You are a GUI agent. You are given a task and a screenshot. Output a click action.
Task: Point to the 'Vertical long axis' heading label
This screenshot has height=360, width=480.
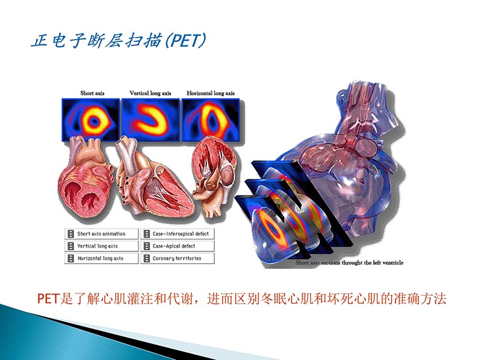tap(150, 93)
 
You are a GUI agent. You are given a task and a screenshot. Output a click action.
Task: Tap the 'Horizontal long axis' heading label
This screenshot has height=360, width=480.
tap(211, 93)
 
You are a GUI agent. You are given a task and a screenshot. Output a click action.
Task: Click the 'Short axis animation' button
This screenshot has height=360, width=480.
tap(100, 234)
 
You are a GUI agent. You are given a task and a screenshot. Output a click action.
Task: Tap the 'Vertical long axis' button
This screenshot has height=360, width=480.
tap(100, 246)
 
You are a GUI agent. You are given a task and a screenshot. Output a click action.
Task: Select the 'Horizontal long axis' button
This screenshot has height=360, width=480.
tap(100, 258)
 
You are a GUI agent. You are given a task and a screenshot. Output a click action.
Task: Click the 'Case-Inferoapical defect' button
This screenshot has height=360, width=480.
tap(178, 234)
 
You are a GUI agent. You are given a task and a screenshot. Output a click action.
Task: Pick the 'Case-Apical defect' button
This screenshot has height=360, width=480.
tap(178, 246)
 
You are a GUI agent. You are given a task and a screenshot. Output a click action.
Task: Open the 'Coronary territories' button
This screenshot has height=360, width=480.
tap(178, 258)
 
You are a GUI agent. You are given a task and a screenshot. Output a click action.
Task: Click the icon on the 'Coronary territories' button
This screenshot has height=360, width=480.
tap(146, 258)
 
